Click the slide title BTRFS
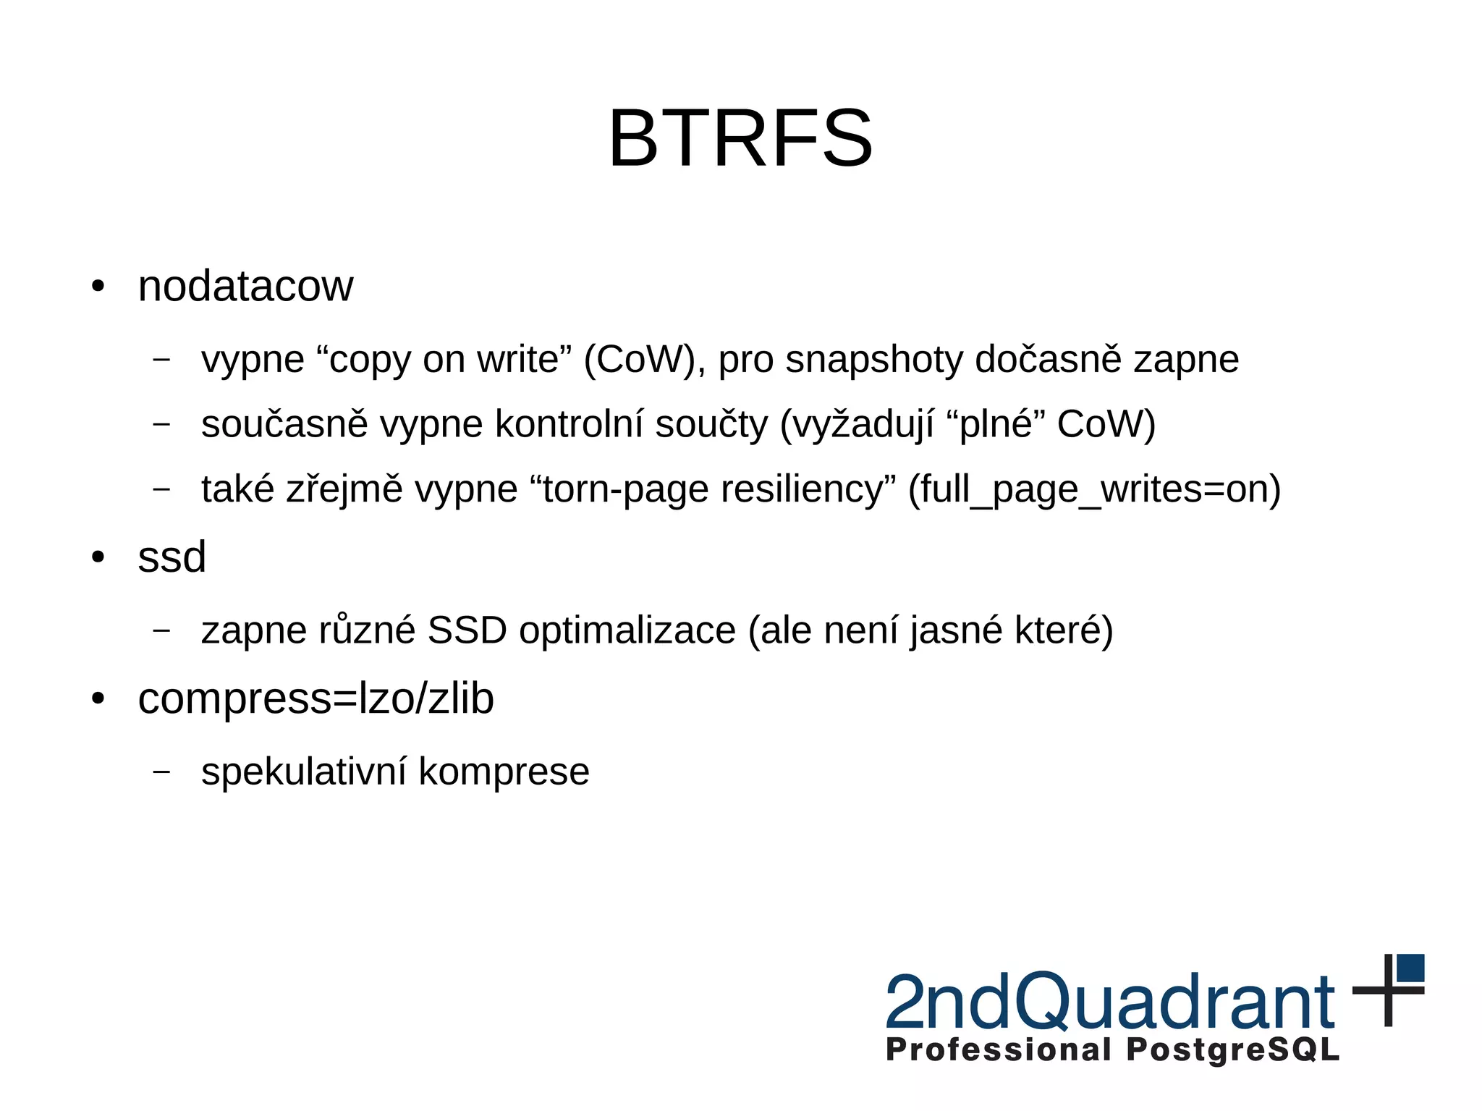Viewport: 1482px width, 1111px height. (x=740, y=138)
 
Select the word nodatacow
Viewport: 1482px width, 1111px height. (x=245, y=286)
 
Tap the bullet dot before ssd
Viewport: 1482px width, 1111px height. (x=98, y=557)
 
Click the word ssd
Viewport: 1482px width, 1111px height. (x=172, y=557)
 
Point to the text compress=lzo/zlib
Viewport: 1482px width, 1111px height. (x=316, y=699)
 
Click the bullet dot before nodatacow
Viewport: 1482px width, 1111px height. (x=98, y=286)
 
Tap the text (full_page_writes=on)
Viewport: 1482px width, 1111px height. (x=1094, y=490)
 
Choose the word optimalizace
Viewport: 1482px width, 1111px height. (x=627, y=630)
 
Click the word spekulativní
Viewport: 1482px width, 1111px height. (x=304, y=772)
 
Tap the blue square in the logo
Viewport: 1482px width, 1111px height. (x=1410, y=968)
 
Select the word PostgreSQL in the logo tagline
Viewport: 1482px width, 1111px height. (x=1232, y=1050)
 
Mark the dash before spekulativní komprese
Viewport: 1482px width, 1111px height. (x=162, y=772)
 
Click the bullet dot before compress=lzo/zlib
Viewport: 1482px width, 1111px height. (x=98, y=699)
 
